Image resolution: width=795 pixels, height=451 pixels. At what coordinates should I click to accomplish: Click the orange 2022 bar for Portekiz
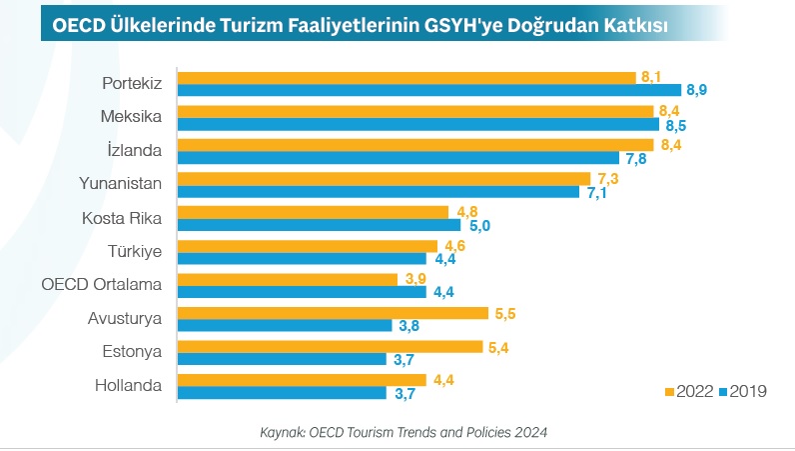(406, 77)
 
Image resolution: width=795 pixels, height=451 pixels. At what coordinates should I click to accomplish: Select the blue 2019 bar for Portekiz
(428, 90)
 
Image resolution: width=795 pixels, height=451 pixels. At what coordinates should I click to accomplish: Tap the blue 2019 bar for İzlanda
(398, 158)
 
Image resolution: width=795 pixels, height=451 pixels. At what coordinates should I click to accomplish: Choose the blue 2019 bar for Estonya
(282, 359)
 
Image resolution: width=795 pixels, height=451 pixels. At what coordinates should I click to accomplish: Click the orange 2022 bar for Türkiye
(308, 245)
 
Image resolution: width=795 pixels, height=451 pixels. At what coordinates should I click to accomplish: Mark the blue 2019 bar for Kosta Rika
(319, 225)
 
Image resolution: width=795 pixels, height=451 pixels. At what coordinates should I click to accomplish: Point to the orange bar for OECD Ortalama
(289, 279)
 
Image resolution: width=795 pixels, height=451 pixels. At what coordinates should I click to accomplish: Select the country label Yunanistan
(120, 184)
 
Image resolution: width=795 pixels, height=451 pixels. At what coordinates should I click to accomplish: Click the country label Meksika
(132, 116)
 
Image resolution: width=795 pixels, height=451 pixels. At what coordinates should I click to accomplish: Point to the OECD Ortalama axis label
(102, 285)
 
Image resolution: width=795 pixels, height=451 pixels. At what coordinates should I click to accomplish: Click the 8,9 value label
(696, 90)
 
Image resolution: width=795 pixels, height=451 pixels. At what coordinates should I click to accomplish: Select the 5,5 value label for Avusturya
(505, 313)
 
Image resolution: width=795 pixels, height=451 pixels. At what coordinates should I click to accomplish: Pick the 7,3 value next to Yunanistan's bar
(607, 178)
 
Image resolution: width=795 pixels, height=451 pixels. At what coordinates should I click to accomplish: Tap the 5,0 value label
(479, 225)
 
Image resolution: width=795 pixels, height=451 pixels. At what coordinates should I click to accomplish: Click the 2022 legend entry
(689, 391)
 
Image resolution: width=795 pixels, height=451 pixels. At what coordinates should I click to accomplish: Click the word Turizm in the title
(243, 21)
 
